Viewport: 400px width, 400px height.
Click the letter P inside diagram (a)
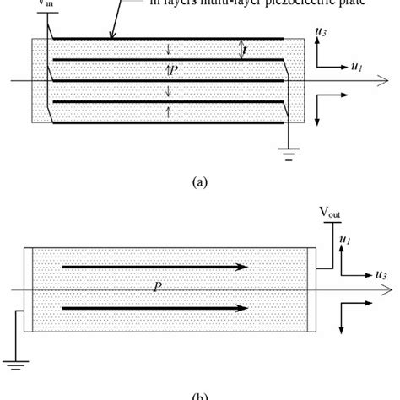(171, 72)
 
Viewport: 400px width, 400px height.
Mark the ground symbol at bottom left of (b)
(13, 363)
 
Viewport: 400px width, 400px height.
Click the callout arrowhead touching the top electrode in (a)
(112, 35)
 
